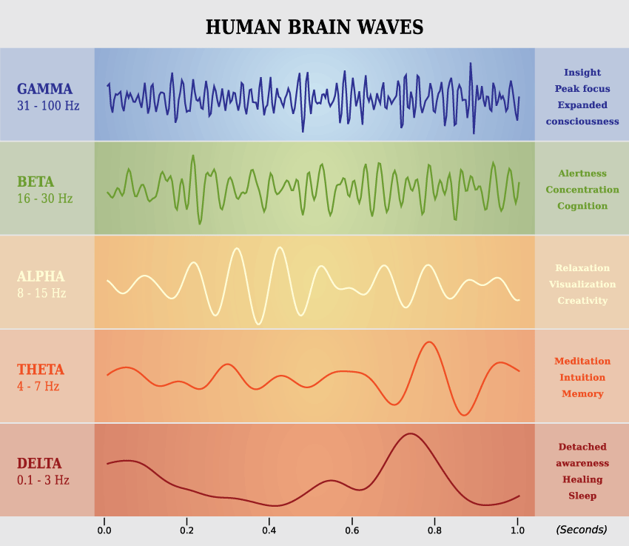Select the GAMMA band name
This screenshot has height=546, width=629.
(45, 90)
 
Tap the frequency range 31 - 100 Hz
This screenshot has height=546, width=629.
(48, 106)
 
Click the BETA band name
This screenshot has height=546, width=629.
(36, 182)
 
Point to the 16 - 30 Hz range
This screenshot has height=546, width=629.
(45, 199)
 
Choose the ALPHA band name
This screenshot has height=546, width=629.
(41, 276)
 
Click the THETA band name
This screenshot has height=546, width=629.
(41, 370)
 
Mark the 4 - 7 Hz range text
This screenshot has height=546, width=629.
(38, 386)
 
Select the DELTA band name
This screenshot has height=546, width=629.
(39, 464)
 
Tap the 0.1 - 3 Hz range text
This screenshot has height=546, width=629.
(43, 480)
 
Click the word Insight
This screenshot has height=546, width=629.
(582, 73)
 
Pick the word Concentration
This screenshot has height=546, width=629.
(582, 190)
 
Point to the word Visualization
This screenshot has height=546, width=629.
(582, 284)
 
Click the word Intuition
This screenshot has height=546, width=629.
(582, 378)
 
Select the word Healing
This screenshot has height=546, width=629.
(582, 480)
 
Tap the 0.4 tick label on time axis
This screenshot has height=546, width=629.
(269, 530)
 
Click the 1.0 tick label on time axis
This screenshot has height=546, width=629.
(517, 530)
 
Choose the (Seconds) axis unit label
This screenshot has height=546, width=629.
(582, 530)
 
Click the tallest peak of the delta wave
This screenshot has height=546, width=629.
(408, 434)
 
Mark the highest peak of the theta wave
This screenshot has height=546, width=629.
(428, 342)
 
